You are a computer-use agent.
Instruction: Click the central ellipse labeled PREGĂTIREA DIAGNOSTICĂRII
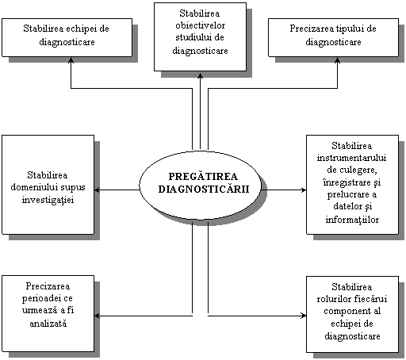[200, 185]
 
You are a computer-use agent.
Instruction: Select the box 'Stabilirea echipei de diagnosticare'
[67, 37]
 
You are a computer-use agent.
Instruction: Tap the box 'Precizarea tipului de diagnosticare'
[333, 37]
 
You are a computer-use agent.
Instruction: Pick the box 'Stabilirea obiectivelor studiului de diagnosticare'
[200, 36]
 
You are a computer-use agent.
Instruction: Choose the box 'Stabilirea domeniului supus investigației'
[48, 185]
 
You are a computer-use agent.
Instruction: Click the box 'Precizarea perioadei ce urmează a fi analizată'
[48, 313]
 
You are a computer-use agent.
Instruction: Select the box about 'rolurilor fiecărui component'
[352, 314]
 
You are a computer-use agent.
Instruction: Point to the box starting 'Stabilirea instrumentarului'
[352, 185]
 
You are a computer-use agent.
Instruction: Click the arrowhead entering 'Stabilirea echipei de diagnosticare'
[71, 59]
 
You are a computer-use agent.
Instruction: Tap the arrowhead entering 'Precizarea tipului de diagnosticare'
[337, 59]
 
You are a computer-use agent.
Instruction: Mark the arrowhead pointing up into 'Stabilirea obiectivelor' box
[200, 75]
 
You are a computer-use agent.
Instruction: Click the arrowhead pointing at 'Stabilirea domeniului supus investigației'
[98, 190]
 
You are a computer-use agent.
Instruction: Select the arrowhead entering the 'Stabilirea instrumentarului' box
[303, 190]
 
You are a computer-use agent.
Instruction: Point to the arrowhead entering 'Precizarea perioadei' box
[98, 316]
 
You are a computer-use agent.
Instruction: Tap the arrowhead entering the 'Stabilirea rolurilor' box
[303, 316]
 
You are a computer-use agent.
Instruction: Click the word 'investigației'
[48, 200]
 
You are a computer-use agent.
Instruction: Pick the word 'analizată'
[48, 324]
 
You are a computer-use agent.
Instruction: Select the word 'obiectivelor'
[200, 25]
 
